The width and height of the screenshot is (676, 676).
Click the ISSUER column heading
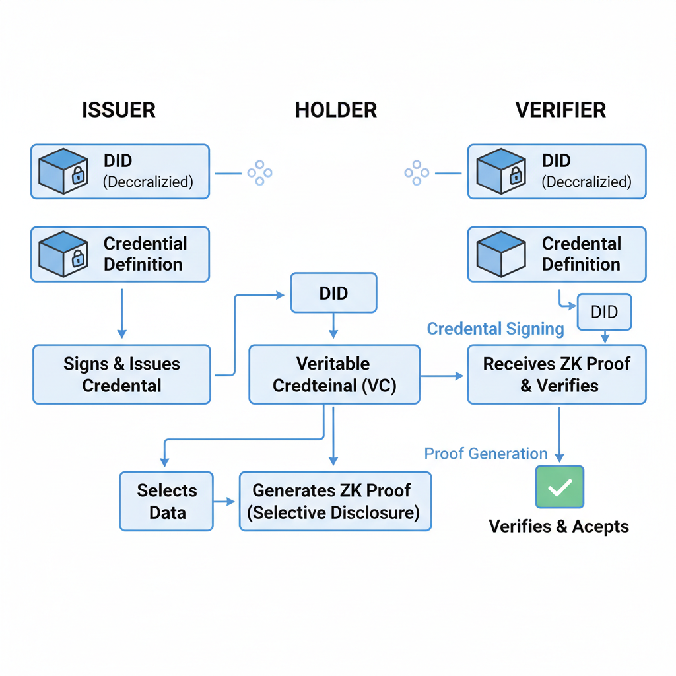click(x=119, y=110)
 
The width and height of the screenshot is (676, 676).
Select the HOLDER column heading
click(x=336, y=110)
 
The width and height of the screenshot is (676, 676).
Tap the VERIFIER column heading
click(x=560, y=110)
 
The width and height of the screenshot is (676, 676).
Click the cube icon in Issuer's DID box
click(x=63, y=172)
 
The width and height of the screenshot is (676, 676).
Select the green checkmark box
click(x=560, y=487)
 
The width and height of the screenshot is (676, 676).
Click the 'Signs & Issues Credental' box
click(x=121, y=374)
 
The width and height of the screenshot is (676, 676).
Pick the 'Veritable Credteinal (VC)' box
click(x=334, y=374)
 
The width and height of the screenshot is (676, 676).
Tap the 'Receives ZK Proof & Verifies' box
click(x=557, y=374)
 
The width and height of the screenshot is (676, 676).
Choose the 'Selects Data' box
click(x=166, y=501)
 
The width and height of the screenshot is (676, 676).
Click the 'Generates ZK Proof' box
click(x=335, y=501)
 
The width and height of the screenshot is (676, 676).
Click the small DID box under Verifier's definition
click(x=604, y=312)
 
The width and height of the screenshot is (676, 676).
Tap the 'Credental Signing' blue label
click(x=495, y=329)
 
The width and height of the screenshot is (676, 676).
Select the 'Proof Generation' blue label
click(x=485, y=454)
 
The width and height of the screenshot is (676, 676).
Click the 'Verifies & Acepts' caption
click(x=558, y=526)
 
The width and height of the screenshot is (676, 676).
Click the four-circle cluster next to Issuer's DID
click(x=259, y=173)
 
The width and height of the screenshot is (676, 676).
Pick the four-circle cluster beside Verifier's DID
click(x=417, y=173)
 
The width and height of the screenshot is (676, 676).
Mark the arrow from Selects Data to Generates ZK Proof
click(x=225, y=502)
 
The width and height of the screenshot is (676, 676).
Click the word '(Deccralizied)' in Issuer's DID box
click(x=148, y=182)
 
